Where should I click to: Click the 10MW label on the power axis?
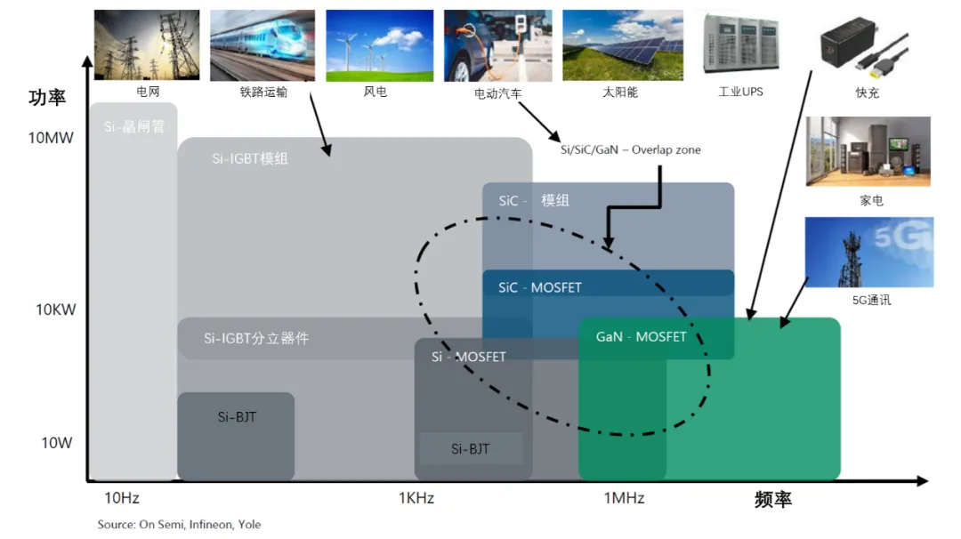point(50,138)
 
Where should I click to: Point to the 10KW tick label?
point(56,310)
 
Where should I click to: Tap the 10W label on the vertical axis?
point(56,443)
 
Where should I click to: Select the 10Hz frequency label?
point(121,498)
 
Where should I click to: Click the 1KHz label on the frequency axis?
point(416,498)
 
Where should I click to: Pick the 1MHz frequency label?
point(624,498)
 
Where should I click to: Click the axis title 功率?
point(47,97)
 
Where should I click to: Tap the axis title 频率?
point(773,499)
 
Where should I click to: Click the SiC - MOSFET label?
point(540,287)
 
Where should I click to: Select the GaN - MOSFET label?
point(641,337)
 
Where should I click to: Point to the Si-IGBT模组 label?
point(250,158)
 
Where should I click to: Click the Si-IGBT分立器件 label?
point(256,338)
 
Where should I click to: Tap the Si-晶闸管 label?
point(134,127)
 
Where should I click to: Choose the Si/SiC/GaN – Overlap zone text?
point(631,150)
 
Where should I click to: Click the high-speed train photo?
point(262,45)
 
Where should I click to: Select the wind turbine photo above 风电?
point(379,45)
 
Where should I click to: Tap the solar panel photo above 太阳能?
point(623,45)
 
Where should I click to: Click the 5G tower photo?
point(869,253)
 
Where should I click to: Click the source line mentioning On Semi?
point(179,524)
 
